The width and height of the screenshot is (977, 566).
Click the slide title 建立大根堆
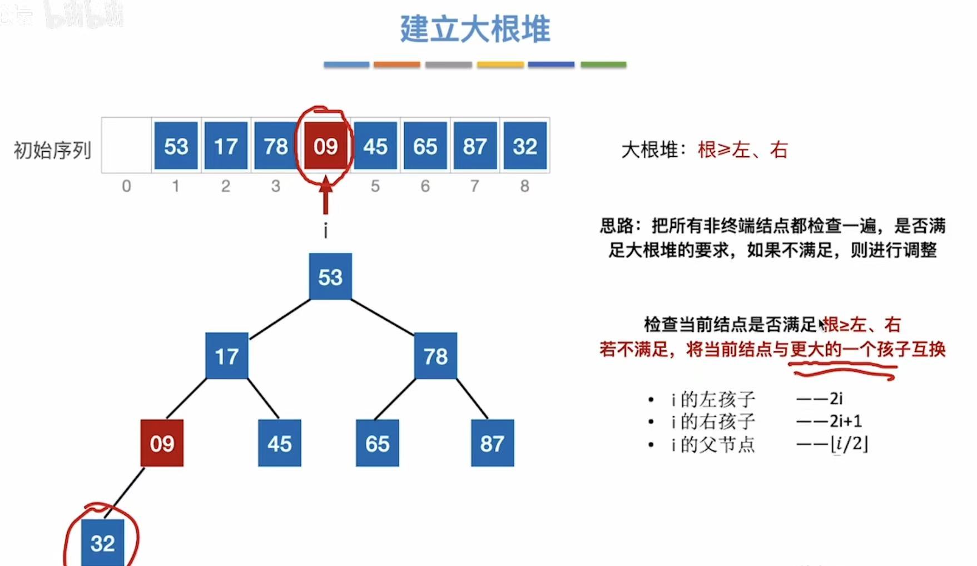[x=475, y=29]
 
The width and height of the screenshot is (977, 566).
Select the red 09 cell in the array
[x=325, y=146]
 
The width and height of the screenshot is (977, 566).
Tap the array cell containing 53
[x=176, y=146]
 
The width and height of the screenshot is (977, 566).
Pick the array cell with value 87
[x=475, y=146]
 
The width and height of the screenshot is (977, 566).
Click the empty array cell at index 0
[x=126, y=146]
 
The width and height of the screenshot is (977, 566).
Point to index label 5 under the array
[x=375, y=186]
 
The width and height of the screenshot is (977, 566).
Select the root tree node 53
[x=330, y=276]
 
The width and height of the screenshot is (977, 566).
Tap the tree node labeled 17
[x=226, y=356]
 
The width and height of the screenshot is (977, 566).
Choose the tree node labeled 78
[x=435, y=356]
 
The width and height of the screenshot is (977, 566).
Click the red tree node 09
[x=162, y=443]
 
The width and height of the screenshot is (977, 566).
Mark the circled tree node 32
[x=103, y=543]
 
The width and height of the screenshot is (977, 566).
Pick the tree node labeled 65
[x=377, y=443]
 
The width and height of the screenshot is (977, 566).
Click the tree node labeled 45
[x=279, y=443]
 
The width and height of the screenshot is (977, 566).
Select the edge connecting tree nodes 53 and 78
[x=383, y=317]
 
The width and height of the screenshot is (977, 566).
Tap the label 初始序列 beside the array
[x=52, y=150]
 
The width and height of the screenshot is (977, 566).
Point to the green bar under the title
[x=603, y=64]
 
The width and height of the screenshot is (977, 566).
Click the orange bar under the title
[x=396, y=64]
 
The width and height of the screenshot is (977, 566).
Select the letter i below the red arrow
[x=326, y=230]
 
